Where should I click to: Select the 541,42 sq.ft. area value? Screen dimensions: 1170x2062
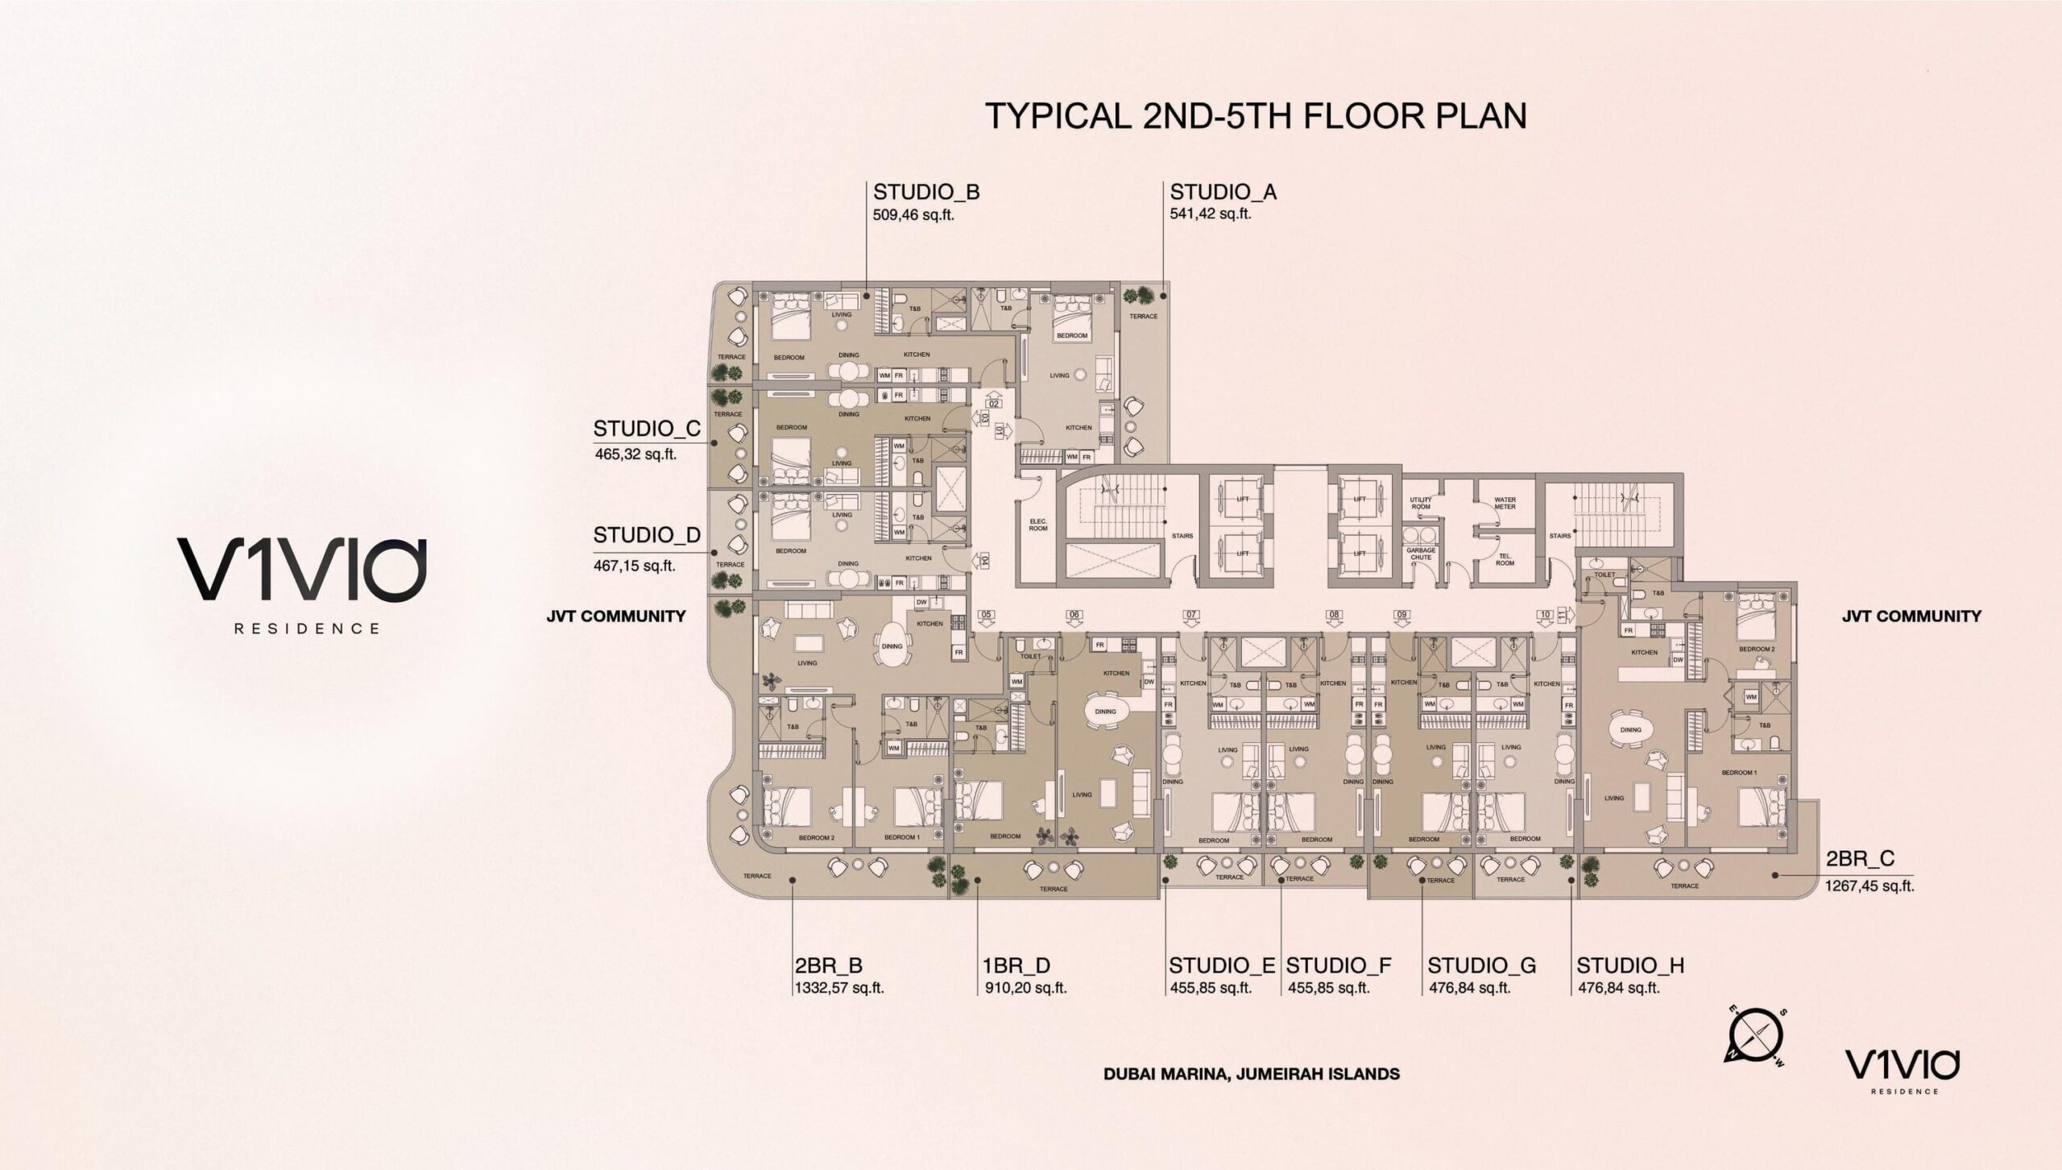click(x=1211, y=214)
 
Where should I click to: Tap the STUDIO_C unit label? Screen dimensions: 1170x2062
click(x=646, y=428)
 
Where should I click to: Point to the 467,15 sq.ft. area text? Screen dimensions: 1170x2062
click(x=634, y=566)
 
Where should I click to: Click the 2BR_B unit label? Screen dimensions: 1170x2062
click(x=828, y=965)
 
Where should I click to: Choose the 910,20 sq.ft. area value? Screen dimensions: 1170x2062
click(x=1025, y=988)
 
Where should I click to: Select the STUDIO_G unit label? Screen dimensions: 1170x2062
click(x=1481, y=965)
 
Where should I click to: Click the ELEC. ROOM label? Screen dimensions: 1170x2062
click(x=1037, y=525)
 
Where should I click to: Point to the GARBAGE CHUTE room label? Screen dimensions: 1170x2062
click(x=1421, y=554)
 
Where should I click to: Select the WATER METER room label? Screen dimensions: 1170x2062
click(x=1505, y=503)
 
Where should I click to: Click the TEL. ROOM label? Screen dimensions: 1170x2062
click(x=1505, y=559)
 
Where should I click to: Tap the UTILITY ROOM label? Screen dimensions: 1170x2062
click(x=1421, y=503)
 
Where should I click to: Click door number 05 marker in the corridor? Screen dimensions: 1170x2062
click(x=986, y=615)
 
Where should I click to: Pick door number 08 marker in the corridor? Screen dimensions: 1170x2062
click(x=1334, y=615)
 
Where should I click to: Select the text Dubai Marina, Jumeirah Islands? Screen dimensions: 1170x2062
click(x=1252, y=1074)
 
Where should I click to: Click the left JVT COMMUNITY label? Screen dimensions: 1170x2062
click(x=616, y=616)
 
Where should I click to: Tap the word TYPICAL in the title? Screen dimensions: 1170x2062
click(x=1055, y=116)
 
